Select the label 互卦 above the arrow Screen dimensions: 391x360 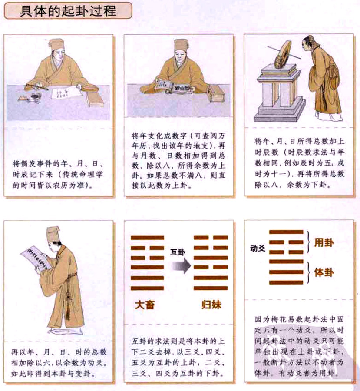click(x=178, y=251)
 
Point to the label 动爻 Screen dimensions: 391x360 click(x=258, y=249)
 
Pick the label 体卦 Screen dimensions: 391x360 click(x=324, y=272)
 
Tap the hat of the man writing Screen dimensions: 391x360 click(x=56, y=44)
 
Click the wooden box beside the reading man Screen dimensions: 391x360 click(x=216, y=93)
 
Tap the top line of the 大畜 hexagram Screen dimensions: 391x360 click(x=147, y=238)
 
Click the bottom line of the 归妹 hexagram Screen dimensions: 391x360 click(x=211, y=288)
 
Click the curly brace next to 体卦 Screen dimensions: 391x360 click(x=309, y=272)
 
